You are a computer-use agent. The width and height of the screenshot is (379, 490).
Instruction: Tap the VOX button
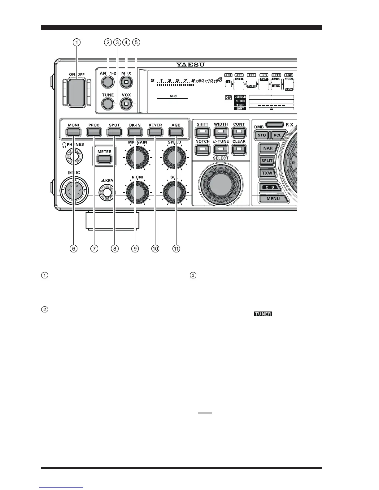click(x=126, y=104)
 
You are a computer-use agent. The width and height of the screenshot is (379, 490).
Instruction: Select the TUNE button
click(x=107, y=104)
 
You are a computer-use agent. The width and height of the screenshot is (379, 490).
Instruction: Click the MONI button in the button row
click(x=73, y=132)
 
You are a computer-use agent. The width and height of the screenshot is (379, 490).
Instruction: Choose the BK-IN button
click(x=135, y=132)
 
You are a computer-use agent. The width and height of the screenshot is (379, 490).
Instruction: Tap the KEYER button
click(x=155, y=132)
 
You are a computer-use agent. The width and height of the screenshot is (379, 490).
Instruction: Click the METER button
click(x=104, y=159)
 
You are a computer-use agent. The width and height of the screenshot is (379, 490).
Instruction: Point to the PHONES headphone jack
click(x=74, y=157)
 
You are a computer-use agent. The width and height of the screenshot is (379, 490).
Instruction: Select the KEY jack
click(x=107, y=192)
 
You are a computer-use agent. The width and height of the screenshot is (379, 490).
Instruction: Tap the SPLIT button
click(x=267, y=161)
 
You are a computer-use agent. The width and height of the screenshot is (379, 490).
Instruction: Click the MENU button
click(x=273, y=199)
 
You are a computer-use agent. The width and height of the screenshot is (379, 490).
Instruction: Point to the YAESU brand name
click(x=191, y=65)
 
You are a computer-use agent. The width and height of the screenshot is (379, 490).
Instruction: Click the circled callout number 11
click(x=176, y=248)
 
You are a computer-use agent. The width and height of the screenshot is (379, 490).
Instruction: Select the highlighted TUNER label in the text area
click(x=263, y=314)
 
